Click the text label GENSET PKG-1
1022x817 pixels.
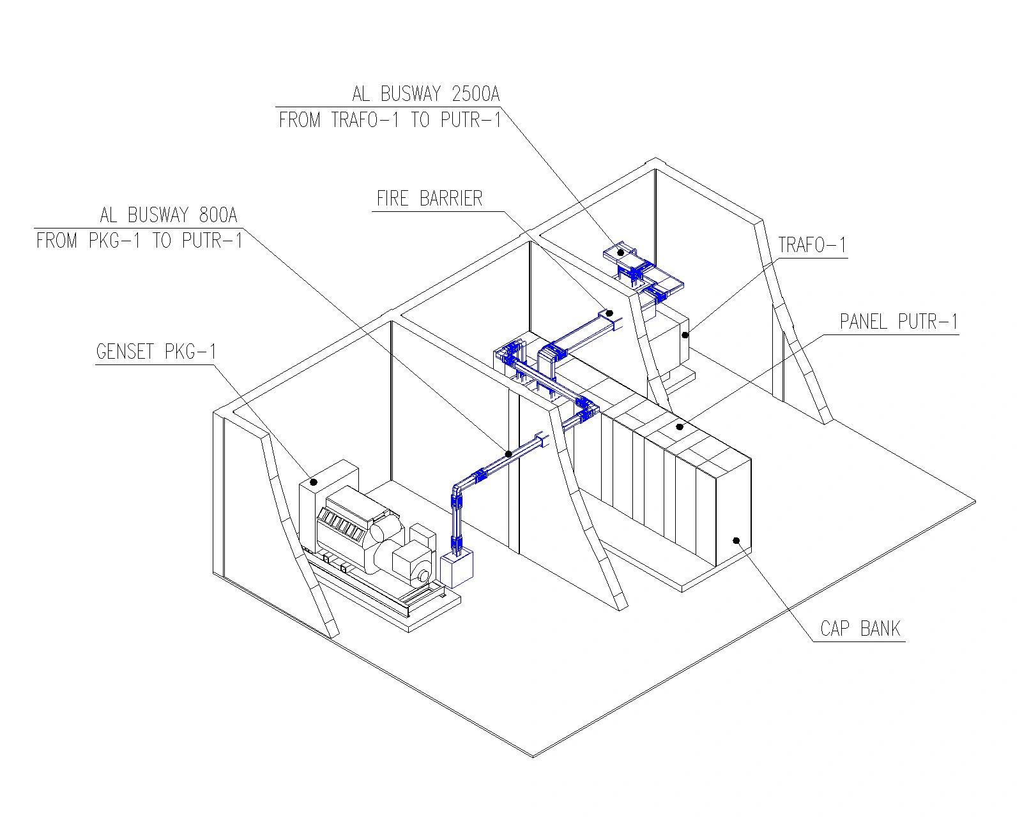coord(156,352)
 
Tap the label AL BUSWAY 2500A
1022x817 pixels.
coord(426,94)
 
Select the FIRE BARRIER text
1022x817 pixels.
coord(429,199)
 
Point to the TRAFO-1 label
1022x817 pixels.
coord(812,245)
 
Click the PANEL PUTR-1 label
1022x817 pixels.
coord(899,322)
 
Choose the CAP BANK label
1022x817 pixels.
coord(860,629)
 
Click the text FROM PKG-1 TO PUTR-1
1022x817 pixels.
coord(140,241)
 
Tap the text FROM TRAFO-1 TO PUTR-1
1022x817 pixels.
coord(390,119)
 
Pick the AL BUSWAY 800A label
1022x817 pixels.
coord(168,215)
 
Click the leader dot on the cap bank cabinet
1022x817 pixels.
coord(736,540)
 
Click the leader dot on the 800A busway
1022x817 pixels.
coord(508,454)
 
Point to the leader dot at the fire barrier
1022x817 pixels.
coord(609,313)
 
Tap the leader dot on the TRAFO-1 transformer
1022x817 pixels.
coord(685,335)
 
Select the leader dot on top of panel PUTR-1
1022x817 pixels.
coord(679,427)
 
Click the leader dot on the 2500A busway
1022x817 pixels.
coord(620,253)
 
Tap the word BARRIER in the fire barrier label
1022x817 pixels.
coord(451,199)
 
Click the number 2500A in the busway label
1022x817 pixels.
coord(476,94)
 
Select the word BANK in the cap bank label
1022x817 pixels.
coord(880,629)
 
